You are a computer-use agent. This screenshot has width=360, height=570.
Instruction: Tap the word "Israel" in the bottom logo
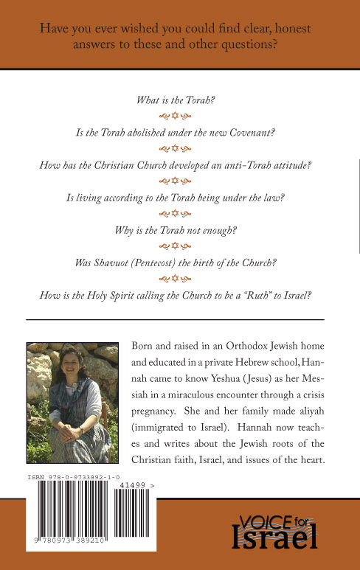(276, 536)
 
